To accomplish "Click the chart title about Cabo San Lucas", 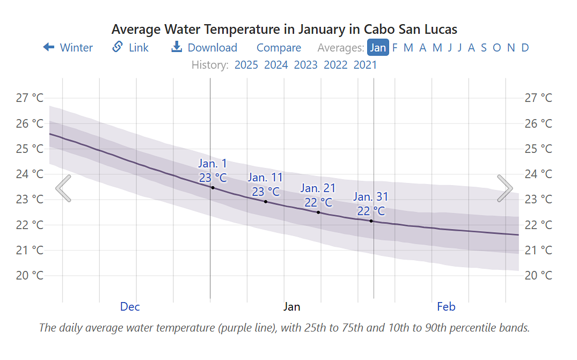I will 284,29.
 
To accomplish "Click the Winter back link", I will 68,48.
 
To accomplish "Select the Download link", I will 204,48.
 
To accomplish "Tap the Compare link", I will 279,48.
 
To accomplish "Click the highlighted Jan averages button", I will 378,48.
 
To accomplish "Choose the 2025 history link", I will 246,65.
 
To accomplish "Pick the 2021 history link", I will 365,65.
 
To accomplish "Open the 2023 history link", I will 306,65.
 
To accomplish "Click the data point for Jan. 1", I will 213,188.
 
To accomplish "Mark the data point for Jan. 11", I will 266,202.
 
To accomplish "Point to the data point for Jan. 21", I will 318,212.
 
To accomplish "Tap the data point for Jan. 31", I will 371,221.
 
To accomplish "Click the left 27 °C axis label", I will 30,98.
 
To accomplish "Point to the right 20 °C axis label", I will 538,276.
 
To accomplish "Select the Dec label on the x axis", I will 130,307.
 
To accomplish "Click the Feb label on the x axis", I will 446,307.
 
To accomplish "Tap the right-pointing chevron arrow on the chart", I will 505,188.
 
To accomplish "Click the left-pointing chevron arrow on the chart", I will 63,188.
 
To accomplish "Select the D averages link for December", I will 525,48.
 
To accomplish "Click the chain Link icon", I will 118,47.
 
